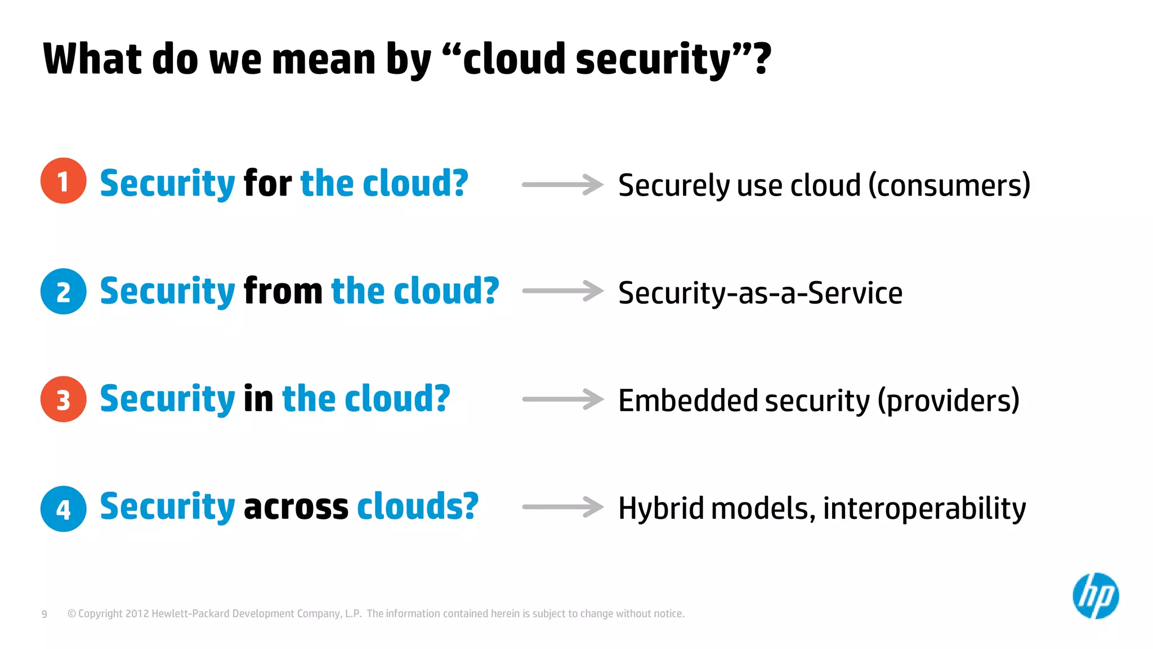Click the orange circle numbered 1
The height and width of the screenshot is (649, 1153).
pyautogui.click(x=63, y=181)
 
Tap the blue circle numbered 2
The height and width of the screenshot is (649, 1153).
pyautogui.click(x=63, y=291)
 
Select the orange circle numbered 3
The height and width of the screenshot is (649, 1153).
pyautogui.click(x=63, y=399)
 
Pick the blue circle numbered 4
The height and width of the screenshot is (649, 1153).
pyautogui.click(x=63, y=509)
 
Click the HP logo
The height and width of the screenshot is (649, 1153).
pyautogui.click(x=1096, y=595)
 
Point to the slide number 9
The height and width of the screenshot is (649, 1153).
pyautogui.click(x=44, y=614)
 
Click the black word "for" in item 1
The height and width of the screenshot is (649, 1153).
pyautogui.click(x=267, y=183)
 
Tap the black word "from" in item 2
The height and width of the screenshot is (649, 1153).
pyautogui.click(x=283, y=291)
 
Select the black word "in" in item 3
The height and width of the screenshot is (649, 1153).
pyautogui.click(x=258, y=399)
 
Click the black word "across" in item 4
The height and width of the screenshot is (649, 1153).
pyautogui.click(x=296, y=506)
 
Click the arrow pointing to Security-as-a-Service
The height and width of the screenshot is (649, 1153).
pyautogui.click(x=562, y=291)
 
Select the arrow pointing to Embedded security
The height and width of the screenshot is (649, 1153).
pyautogui.click(x=562, y=399)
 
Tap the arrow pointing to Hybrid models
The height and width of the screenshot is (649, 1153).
pyautogui.click(x=562, y=507)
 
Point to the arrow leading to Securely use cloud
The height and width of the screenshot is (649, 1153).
pyautogui.click(x=562, y=184)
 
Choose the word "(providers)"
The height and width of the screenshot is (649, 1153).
pyautogui.click(x=949, y=401)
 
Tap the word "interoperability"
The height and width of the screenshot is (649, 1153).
pyautogui.click(x=924, y=508)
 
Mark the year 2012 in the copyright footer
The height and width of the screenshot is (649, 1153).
pyautogui.click(x=137, y=614)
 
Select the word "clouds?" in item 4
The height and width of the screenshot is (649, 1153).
pyautogui.click(x=417, y=506)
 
